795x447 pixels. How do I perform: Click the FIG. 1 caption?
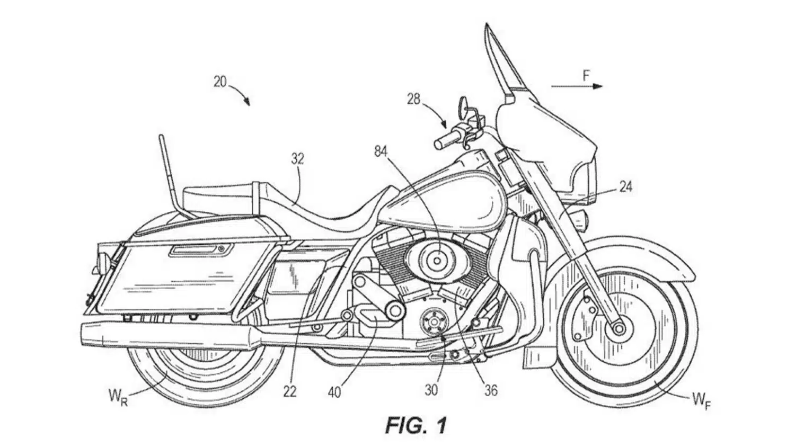coord(416,425)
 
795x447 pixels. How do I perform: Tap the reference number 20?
coord(220,82)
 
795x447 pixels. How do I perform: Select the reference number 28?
coord(413,100)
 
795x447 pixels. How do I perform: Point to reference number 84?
coord(381,151)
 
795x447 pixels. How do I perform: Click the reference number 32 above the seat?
coord(297,159)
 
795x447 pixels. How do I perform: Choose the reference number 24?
coord(626,186)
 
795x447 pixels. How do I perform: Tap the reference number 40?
coord(334,392)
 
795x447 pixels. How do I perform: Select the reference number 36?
coord(491,390)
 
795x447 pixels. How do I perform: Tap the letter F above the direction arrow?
coord(586,75)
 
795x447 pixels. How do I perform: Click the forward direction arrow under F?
coord(577,86)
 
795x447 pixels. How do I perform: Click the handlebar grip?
coord(445,140)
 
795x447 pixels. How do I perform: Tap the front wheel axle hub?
coord(619,328)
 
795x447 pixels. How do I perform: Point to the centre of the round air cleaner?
coord(437,261)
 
